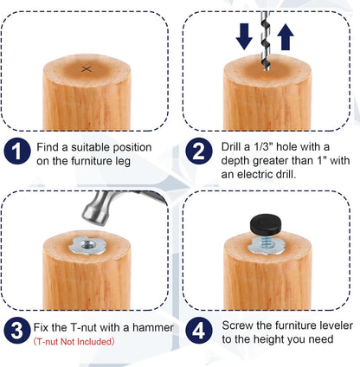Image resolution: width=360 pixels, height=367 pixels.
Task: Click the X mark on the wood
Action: click(x=85, y=68)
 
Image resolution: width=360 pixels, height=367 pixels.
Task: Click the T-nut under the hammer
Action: click(x=85, y=248)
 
